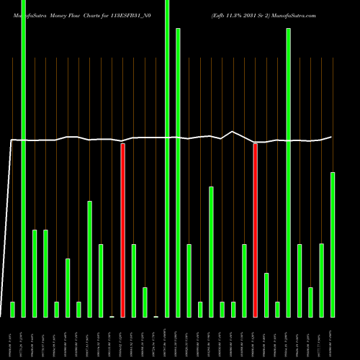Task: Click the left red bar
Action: click(x=122, y=230)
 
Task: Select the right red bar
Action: click(x=255, y=230)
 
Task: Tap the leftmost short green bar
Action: click(x=12, y=310)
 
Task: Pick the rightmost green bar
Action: click(x=333, y=245)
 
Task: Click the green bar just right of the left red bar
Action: click(x=134, y=281)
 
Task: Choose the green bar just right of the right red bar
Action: click(x=266, y=295)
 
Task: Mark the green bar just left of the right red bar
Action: click(x=244, y=281)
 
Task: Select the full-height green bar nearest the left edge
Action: click(x=23, y=158)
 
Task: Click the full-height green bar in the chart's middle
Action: click(x=167, y=158)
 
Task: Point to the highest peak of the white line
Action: click(x=233, y=132)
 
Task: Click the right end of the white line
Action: click(x=332, y=137)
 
